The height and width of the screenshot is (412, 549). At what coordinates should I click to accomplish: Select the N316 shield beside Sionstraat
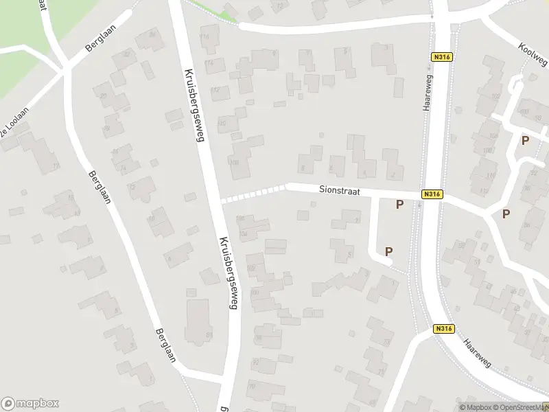click(432, 194)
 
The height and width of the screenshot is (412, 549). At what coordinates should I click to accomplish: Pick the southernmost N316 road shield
click(444, 330)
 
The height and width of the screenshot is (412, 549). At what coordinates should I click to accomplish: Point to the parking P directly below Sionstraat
click(399, 204)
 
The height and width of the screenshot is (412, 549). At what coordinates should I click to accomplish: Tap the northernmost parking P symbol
click(525, 140)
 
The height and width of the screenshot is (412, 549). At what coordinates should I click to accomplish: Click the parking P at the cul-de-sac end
click(388, 251)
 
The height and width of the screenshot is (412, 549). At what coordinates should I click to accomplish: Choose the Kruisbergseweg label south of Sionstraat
click(229, 273)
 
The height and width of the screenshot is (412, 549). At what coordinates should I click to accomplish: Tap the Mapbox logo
click(30, 404)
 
